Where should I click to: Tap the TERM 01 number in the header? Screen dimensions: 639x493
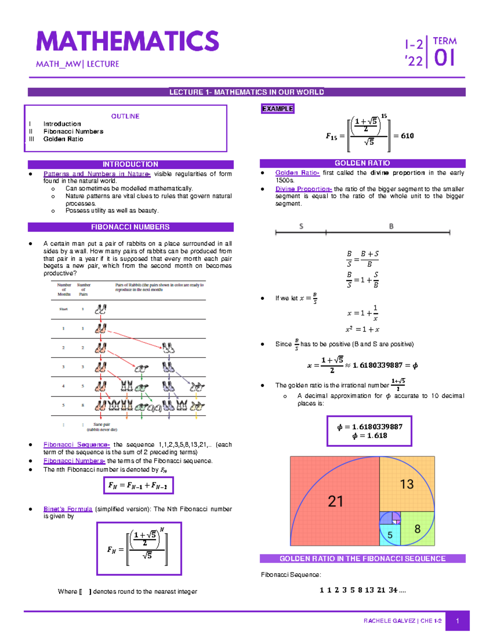click(445, 58)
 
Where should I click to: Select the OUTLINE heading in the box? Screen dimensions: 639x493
click(125, 116)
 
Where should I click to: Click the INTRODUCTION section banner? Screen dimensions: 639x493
click(130, 164)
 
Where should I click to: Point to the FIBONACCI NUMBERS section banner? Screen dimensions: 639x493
click(130, 227)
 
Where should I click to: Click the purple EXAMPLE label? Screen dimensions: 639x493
click(278, 109)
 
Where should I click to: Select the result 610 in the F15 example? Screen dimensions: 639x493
click(407, 136)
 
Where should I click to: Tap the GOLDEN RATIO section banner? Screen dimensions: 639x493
click(362, 163)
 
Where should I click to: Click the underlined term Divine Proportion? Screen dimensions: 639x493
click(303, 189)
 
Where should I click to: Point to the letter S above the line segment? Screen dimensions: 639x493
click(301, 226)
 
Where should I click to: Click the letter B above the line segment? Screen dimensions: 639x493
click(391, 226)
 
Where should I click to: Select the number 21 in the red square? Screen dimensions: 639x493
click(335, 501)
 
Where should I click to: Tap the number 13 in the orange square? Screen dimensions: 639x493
click(407, 484)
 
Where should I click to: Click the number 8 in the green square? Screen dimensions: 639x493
click(417, 529)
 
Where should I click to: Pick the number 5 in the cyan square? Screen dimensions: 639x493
click(390, 535)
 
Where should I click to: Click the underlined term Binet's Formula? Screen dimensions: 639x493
click(68, 509)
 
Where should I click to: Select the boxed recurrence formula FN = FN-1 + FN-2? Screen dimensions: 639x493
click(138, 486)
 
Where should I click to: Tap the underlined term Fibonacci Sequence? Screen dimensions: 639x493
click(76, 445)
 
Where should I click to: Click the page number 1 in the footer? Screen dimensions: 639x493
click(458, 621)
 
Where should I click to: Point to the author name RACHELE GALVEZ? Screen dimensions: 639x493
click(389, 621)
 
